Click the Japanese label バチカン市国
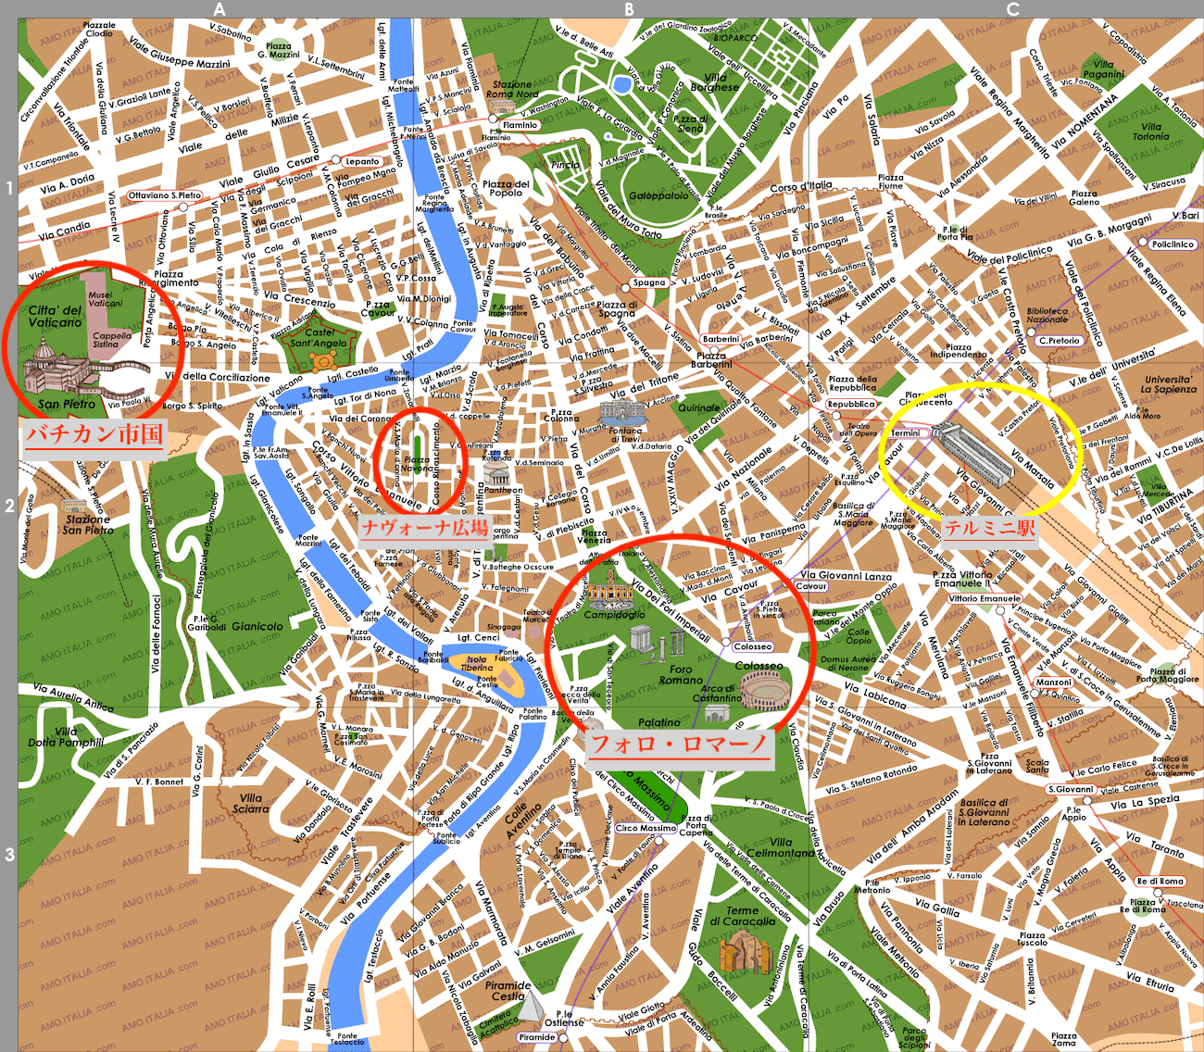(94, 433)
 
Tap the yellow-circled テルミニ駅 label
(989, 528)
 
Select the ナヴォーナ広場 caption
(425, 528)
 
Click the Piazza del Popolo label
(506, 188)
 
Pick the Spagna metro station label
(649, 282)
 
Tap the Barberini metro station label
(721, 339)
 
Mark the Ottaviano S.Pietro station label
(164, 195)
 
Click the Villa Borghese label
(715, 82)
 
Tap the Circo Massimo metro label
(646, 828)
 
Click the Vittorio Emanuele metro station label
(984, 598)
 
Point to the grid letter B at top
(629, 9)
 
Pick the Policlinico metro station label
(1173, 244)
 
